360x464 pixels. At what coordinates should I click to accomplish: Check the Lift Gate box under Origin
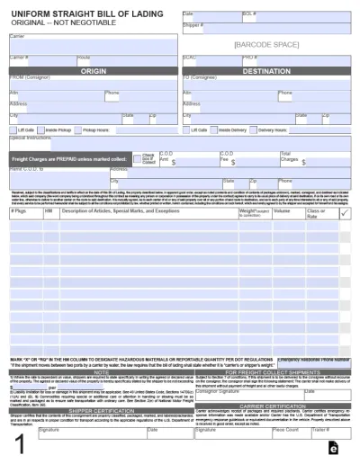point(12,129)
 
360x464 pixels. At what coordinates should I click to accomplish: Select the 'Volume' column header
point(283,212)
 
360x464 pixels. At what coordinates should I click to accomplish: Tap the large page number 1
point(17,445)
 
